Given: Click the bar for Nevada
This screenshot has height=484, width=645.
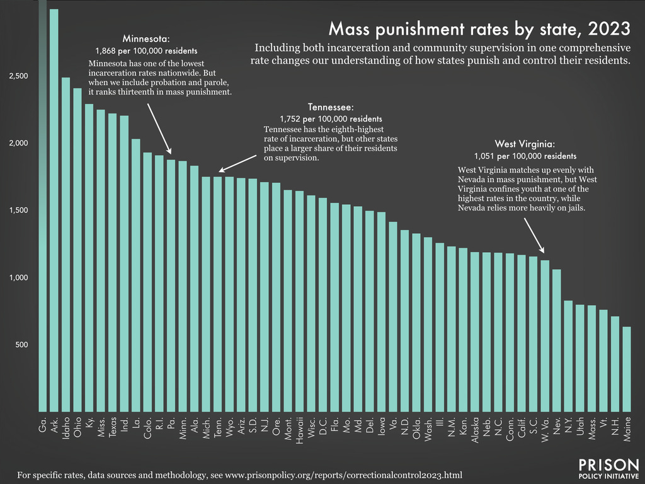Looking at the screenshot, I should pos(557,340).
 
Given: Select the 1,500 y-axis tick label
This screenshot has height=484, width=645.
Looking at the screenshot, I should pos(18,210).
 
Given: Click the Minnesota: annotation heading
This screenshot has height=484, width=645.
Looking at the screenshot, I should pos(146,37).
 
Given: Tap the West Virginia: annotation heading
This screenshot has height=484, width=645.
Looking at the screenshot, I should pos(524,143).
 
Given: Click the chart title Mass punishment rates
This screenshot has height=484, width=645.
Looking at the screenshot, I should pos(479,28).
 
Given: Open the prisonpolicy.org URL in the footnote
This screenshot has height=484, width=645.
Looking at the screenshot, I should pos(342,473).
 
